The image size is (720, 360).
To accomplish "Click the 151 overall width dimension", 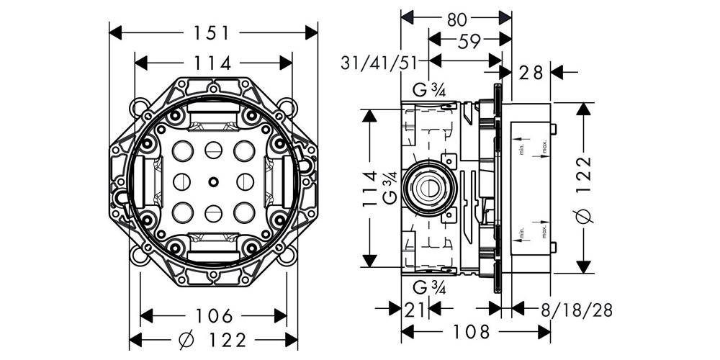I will (212, 33).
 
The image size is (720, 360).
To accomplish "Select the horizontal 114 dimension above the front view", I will (212, 63).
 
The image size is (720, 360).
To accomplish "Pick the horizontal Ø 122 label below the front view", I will (212, 339).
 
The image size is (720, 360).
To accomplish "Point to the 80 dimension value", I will (456, 19).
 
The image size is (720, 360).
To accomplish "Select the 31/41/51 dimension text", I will (380, 63).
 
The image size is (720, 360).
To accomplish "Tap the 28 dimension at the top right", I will (531, 72).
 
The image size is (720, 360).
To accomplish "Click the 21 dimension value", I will (414, 310).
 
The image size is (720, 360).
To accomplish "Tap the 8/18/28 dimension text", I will (576, 310).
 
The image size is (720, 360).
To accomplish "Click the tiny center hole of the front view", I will (213, 181).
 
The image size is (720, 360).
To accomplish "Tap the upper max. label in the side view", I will (544, 149).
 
